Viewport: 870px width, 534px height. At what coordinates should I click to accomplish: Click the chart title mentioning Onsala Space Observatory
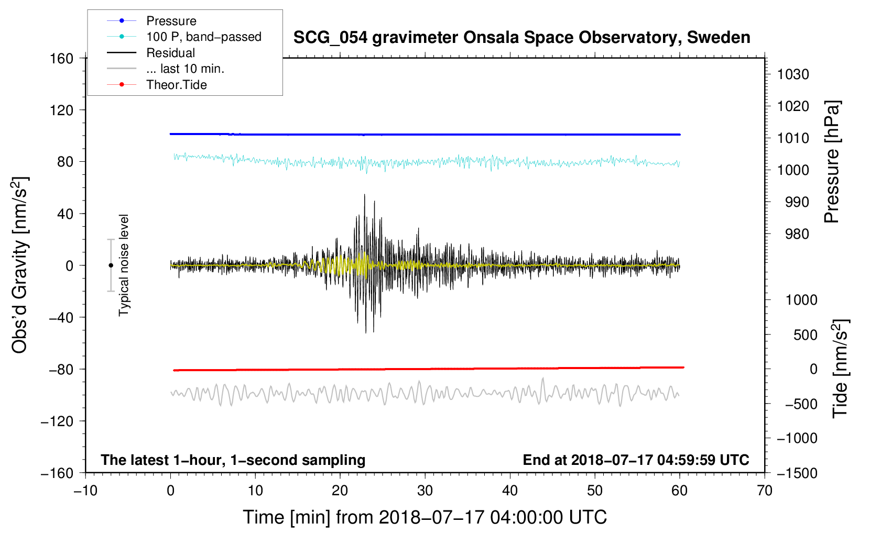tap(521, 38)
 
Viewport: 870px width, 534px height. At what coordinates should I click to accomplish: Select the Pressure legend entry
tap(171, 21)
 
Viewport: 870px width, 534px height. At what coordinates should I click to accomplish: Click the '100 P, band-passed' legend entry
tap(203, 37)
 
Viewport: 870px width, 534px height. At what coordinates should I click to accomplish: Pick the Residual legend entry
tap(170, 53)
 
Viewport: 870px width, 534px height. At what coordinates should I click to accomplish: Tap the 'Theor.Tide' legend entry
tap(176, 85)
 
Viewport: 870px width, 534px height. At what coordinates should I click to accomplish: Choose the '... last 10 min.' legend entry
tap(185, 69)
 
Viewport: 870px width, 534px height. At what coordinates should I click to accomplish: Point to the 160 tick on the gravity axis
tap(62, 58)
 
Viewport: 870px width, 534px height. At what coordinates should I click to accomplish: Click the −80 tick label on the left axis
tap(61, 370)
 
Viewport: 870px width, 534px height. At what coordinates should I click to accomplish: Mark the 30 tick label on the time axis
tap(425, 491)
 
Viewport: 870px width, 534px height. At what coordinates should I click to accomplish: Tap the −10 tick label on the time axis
tap(85, 491)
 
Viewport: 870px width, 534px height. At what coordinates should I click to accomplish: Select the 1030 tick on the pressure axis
tap(793, 74)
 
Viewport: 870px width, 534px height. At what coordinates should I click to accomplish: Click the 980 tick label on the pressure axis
tap(797, 234)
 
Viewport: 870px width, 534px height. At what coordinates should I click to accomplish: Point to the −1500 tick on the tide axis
tap(797, 473)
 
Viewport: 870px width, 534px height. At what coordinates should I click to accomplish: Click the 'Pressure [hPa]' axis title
tap(832, 162)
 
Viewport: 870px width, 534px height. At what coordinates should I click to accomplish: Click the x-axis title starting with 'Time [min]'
tap(425, 517)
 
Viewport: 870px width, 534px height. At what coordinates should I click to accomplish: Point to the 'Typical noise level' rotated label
tap(124, 265)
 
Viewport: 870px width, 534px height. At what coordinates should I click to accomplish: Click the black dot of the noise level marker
tap(111, 265)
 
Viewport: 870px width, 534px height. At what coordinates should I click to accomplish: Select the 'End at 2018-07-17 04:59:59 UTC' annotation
tap(636, 460)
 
